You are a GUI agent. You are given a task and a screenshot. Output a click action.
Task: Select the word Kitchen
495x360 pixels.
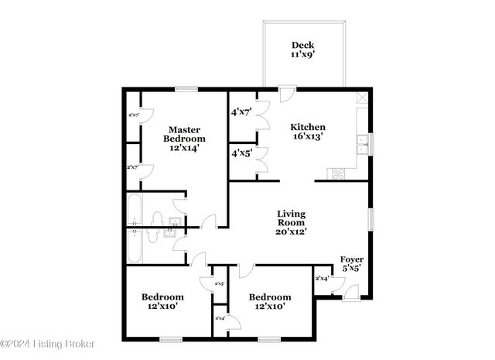pos(307,127)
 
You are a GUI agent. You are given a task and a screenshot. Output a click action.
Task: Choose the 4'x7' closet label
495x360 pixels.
pos(241,112)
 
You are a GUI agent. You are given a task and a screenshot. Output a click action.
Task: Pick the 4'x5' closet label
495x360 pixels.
pos(241,153)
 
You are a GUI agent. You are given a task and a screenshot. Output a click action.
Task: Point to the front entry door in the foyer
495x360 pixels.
pos(350,292)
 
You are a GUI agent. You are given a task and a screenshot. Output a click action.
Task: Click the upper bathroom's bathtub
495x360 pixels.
pos(133,210)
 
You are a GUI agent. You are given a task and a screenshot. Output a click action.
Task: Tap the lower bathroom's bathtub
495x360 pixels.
pos(135,246)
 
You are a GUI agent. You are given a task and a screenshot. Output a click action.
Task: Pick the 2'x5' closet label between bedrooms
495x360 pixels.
pos(220,284)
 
